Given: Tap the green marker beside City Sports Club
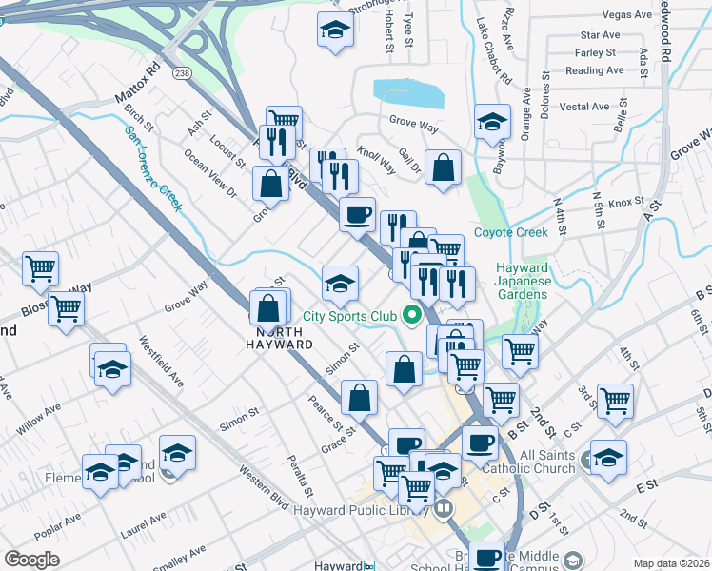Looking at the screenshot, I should point(412,314).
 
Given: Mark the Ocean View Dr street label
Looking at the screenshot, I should point(210,173).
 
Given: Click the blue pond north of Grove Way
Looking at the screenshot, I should point(409,93).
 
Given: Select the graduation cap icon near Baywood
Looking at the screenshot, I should point(492,122).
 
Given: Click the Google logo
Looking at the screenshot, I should point(31,560).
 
